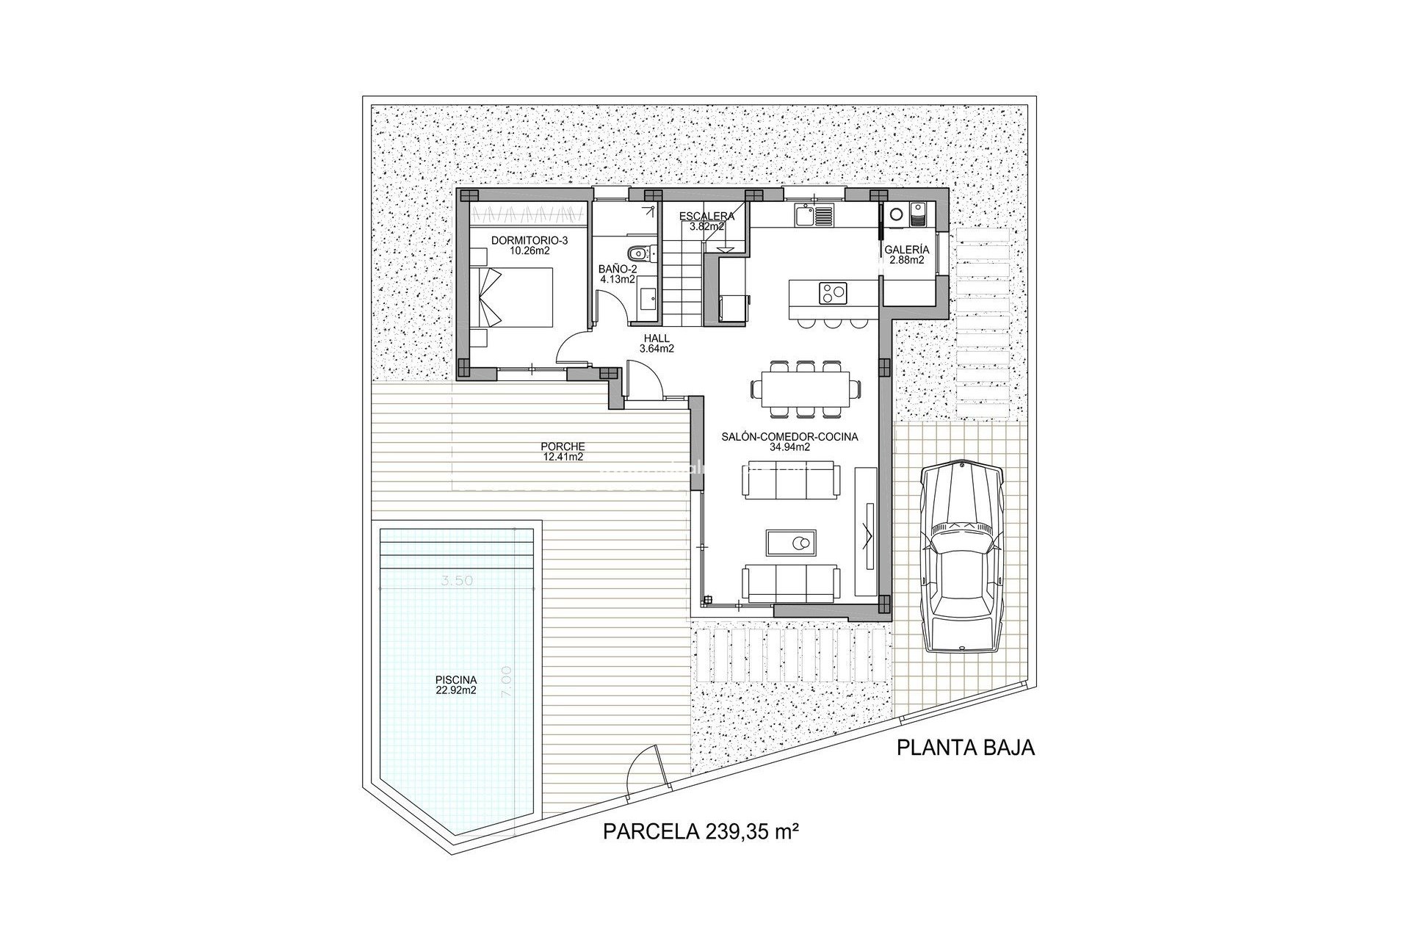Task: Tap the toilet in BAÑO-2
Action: pos(638,253)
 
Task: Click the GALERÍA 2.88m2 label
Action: pos(906,254)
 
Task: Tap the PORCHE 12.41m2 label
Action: pos(562,451)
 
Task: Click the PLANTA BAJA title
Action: pos(966,748)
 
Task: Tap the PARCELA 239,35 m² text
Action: pos(701,832)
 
